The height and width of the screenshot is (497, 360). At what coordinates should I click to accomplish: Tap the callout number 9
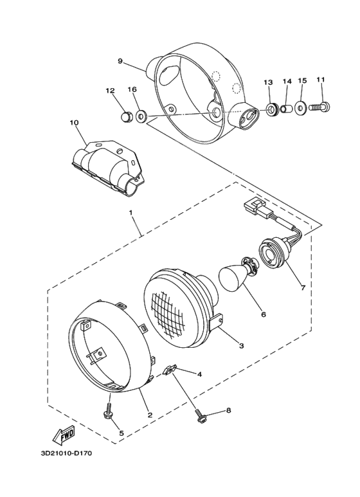[120, 61]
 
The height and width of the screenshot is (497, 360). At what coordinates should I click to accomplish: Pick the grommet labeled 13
[273, 109]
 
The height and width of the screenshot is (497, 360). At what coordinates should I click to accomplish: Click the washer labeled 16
[143, 116]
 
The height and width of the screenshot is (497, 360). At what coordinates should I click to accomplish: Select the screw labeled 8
[200, 417]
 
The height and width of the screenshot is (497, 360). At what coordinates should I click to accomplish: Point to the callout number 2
[149, 415]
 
